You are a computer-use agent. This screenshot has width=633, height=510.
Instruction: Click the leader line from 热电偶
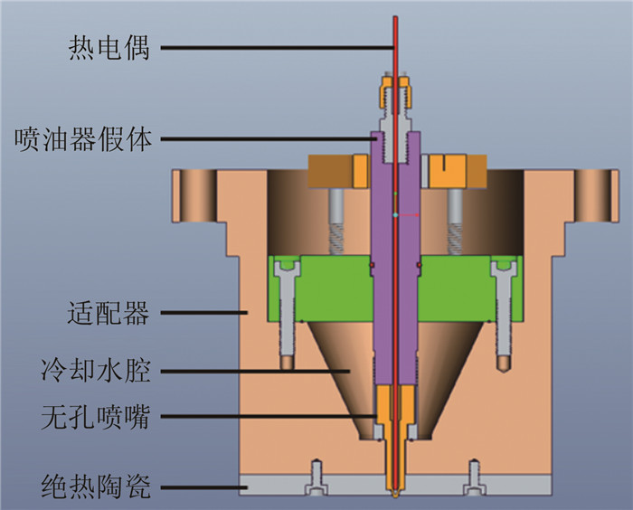coord(271,47)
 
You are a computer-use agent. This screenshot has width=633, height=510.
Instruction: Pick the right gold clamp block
coord(458,170)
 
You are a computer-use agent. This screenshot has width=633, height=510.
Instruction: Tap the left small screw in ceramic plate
coord(316,478)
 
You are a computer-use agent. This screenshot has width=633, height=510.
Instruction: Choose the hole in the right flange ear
coord(598,193)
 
